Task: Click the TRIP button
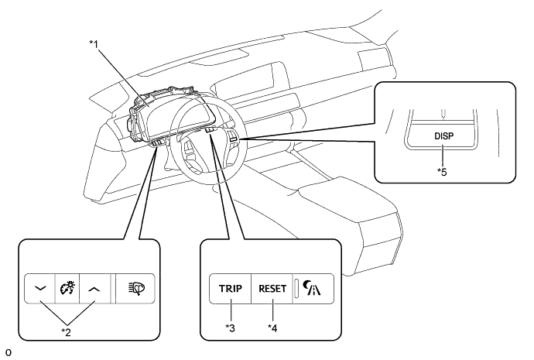(x=231, y=289)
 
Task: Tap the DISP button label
(x=444, y=136)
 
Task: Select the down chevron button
(x=39, y=289)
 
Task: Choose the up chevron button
(x=94, y=289)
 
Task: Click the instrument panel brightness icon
(x=67, y=288)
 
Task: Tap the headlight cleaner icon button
(x=135, y=289)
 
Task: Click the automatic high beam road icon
(x=312, y=288)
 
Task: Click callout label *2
(x=67, y=332)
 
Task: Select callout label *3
(x=230, y=328)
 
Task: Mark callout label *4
(x=272, y=328)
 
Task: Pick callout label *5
(x=442, y=172)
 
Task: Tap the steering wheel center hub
(x=204, y=147)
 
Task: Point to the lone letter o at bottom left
(x=9, y=353)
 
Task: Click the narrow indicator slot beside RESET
(x=296, y=288)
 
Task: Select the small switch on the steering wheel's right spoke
(x=234, y=138)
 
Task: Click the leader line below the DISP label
(x=443, y=156)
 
